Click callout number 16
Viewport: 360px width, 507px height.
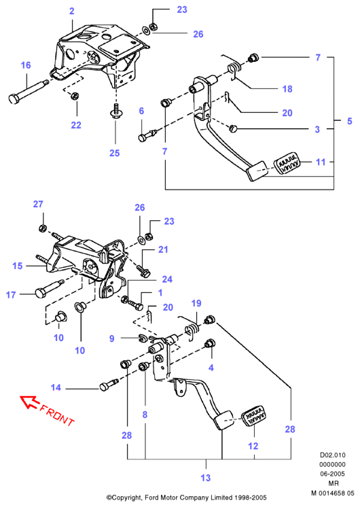click(x=26, y=65)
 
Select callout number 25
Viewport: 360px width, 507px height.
click(x=114, y=153)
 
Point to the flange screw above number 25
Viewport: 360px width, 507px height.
click(x=115, y=110)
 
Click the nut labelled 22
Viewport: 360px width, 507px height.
click(x=75, y=96)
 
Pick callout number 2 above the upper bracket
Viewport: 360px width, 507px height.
click(x=72, y=11)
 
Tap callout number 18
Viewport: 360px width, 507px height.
click(x=287, y=89)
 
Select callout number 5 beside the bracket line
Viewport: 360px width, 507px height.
click(x=349, y=121)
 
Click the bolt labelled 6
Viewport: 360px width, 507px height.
click(x=147, y=135)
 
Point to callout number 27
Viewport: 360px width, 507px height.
click(x=38, y=204)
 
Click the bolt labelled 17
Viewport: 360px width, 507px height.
click(x=49, y=289)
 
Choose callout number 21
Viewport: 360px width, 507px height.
click(x=163, y=249)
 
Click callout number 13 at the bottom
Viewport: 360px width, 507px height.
click(x=206, y=478)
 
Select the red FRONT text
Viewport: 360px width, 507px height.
click(x=57, y=415)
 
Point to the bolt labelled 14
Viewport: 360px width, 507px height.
click(x=109, y=384)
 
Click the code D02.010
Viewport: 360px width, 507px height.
click(x=333, y=455)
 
